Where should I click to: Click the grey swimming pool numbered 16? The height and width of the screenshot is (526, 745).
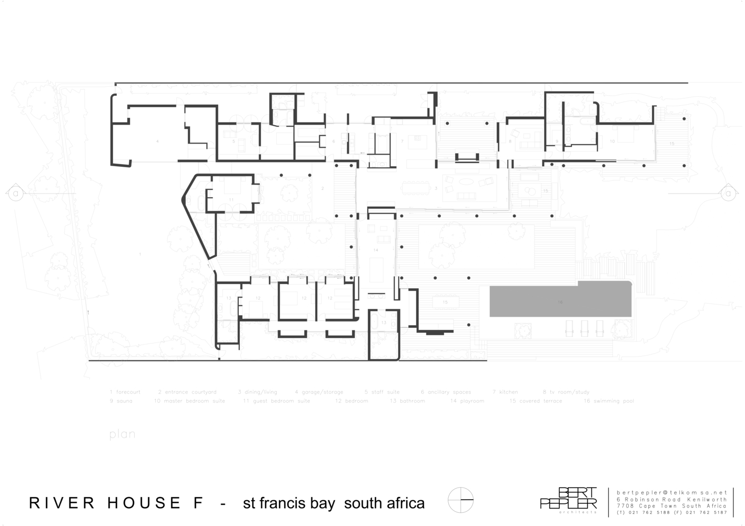click(560, 301)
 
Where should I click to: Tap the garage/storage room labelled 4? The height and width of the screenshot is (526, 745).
click(157, 141)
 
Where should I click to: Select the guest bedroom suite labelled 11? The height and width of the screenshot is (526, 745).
click(231, 199)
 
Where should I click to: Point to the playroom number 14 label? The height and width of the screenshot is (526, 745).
click(376, 250)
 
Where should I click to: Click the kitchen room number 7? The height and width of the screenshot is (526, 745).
click(402, 141)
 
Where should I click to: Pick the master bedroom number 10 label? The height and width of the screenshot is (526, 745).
click(612, 141)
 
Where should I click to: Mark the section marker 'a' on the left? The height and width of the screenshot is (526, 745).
click(15, 193)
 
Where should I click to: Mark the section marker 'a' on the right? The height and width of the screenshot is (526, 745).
click(728, 193)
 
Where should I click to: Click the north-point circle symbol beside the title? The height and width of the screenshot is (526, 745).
click(460, 500)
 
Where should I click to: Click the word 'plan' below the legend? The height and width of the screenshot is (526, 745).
click(122, 434)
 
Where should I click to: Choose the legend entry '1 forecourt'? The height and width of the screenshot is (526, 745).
click(125, 392)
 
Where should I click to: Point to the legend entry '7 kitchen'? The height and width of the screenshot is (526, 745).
click(505, 392)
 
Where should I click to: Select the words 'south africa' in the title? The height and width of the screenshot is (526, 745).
click(384, 503)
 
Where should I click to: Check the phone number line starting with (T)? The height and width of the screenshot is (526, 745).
click(672, 512)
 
